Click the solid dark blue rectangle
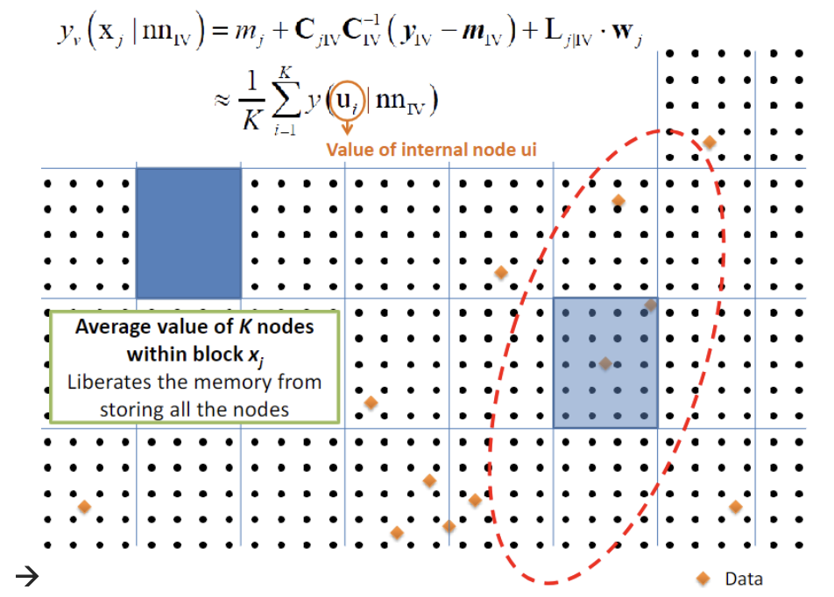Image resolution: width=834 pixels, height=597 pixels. [188, 233]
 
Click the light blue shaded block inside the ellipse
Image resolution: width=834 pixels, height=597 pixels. [605, 362]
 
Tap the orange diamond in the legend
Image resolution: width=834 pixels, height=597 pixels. [702, 578]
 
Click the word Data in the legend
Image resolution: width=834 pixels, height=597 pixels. [744, 579]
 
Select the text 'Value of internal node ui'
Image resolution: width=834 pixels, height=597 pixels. [431, 150]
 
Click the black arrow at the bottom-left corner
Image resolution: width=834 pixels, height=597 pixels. [25, 575]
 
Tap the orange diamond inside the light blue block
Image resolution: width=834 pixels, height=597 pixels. [604, 363]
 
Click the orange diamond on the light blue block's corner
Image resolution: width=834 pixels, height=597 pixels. [651, 305]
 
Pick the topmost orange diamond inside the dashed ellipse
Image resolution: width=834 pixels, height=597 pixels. [709, 142]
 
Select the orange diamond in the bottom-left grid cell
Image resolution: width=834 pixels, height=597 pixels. [84, 506]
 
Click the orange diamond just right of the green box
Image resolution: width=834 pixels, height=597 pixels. [371, 403]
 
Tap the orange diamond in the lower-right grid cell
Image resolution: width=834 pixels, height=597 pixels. [735, 507]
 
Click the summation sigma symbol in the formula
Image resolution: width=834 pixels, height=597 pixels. [283, 102]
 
